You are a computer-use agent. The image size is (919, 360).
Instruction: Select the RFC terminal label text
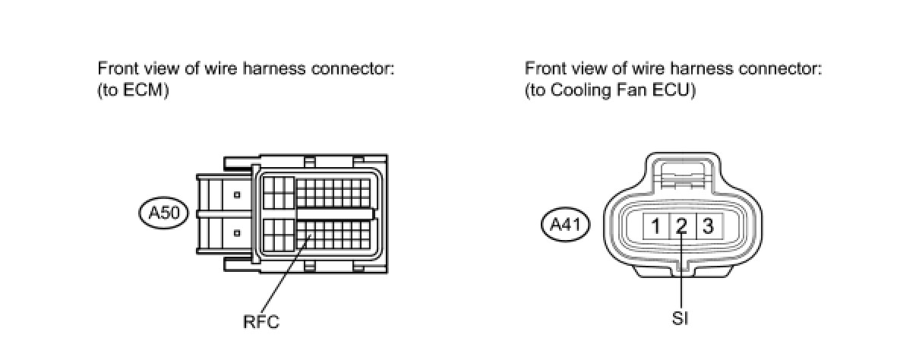click(261, 321)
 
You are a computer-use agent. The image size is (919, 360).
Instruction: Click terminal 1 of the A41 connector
click(655, 226)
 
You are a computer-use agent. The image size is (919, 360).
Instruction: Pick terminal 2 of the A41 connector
click(682, 226)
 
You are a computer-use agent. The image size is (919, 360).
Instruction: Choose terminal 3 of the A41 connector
click(708, 226)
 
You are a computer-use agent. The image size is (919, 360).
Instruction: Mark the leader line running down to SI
click(682, 273)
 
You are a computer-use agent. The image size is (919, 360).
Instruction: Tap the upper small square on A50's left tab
click(237, 195)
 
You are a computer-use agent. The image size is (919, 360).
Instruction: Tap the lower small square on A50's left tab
click(237, 232)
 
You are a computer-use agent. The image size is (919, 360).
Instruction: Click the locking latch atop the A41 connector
click(681, 177)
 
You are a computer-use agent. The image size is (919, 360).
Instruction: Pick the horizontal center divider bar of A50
click(334, 214)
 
